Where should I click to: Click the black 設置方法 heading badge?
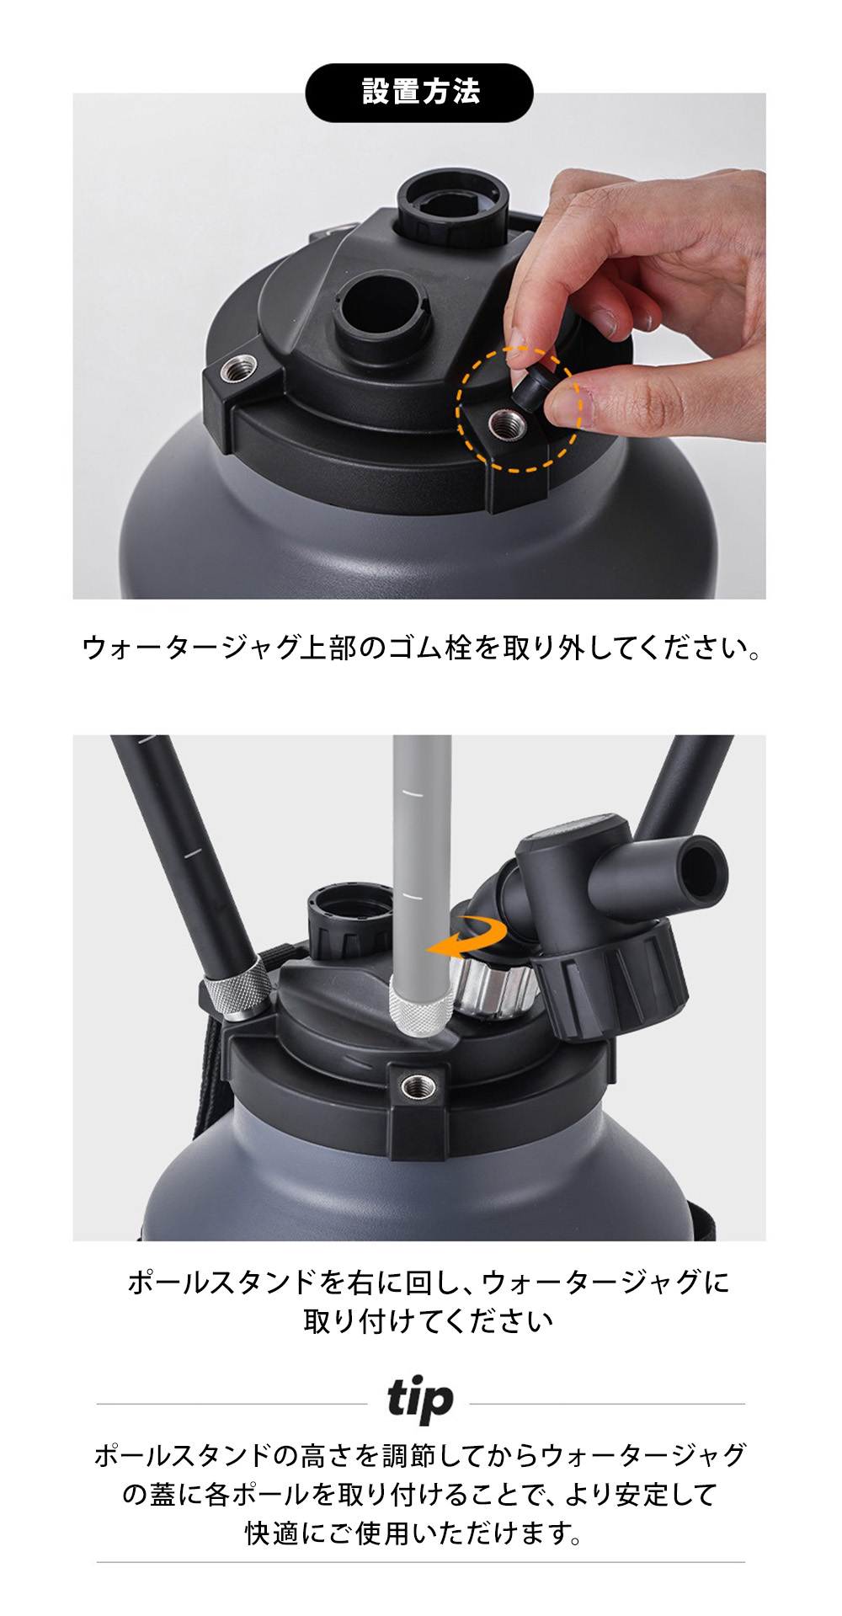(x=419, y=92)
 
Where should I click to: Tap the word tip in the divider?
(x=420, y=1400)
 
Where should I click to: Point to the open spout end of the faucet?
(x=703, y=871)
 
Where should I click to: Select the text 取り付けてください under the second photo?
(x=428, y=1320)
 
